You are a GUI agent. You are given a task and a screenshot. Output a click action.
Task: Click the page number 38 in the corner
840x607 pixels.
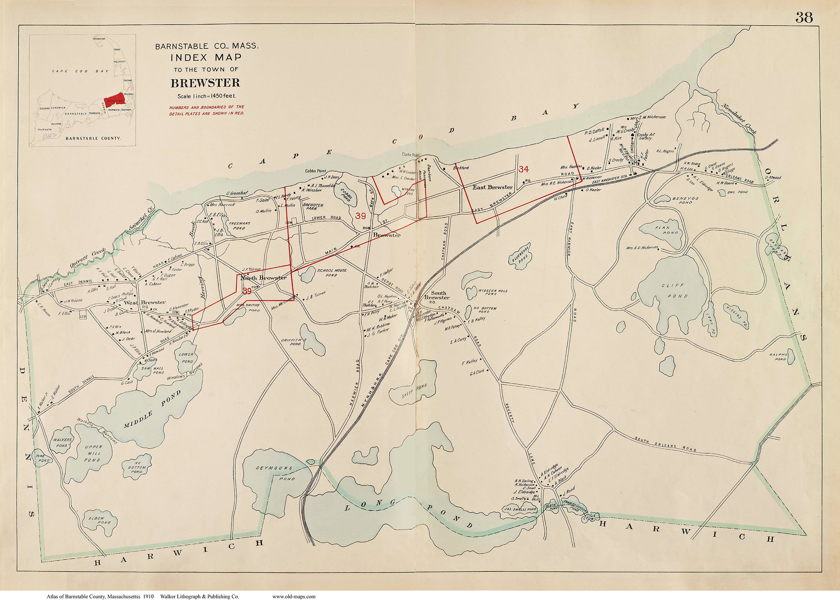click(804, 18)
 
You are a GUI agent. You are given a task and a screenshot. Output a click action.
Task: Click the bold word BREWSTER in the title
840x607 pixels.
click(205, 83)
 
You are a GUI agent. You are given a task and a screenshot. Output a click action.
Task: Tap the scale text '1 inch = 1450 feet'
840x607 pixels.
click(206, 96)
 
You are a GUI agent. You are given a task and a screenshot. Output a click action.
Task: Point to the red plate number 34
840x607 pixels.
click(524, 169)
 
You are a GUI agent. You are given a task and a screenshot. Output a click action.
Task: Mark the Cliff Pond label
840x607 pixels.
click(676, 291)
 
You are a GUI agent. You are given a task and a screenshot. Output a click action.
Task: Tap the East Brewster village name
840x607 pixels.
click(492, 188)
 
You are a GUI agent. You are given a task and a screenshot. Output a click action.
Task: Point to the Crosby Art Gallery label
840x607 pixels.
click(646, 136)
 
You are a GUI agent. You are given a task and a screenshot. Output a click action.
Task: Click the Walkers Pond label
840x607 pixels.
click(62, 442)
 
